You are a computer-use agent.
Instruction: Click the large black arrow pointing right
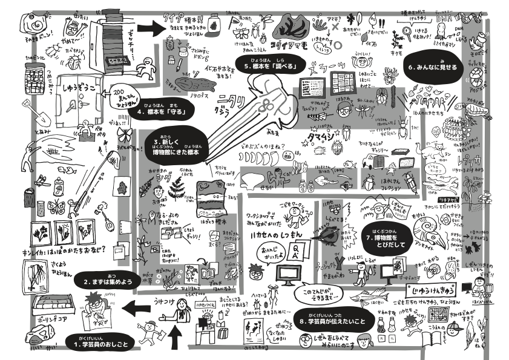click(151, 28)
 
